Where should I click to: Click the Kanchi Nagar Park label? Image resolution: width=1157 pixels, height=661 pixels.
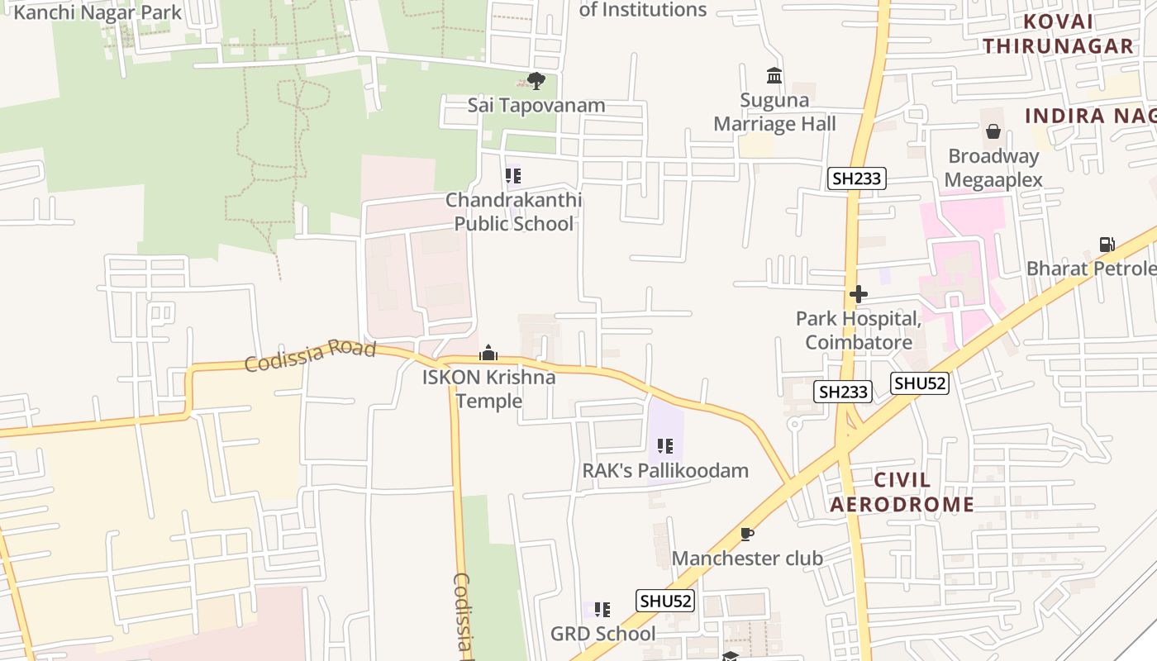(x=98, y=12)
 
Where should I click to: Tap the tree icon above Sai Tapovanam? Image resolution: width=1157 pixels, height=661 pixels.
(x=536, y=81)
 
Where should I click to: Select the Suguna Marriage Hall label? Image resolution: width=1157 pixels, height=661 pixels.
(x=774, y=112)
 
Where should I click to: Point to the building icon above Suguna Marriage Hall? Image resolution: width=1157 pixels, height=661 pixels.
(x=774, y=76)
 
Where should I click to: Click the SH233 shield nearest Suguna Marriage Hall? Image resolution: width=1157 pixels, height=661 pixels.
(x=857, y=178)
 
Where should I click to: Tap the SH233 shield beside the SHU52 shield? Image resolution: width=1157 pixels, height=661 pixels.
(x=843, y=392)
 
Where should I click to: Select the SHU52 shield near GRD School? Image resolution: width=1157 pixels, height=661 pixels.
(x=665, y=601)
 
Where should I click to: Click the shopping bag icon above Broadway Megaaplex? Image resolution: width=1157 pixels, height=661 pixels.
(x=993, y=131)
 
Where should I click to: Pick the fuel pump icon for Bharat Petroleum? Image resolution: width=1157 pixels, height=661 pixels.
(x=1107, y=244)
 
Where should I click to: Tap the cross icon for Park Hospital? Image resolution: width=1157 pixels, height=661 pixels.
(x=858, y=294)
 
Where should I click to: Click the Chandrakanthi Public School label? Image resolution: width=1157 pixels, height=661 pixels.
(x=513, y=212)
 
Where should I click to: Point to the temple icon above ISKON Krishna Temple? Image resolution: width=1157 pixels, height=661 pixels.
(x=488, y=354)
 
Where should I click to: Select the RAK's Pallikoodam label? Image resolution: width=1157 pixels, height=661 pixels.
(x=665, y=470)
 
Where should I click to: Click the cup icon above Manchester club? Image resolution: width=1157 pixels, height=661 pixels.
(x=746, y=534)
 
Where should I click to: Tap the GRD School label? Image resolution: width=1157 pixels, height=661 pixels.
(x=602, y=634)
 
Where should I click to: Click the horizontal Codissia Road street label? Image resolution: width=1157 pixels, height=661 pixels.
(x=310, y=355)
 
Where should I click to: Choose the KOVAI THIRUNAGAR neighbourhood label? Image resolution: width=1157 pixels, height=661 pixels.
(x=1058, y=34)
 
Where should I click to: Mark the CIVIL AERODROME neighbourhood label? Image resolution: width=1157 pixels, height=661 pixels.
(x=902, y=492)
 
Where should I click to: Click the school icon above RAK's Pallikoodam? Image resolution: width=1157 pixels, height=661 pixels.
(x=665, y=446)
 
